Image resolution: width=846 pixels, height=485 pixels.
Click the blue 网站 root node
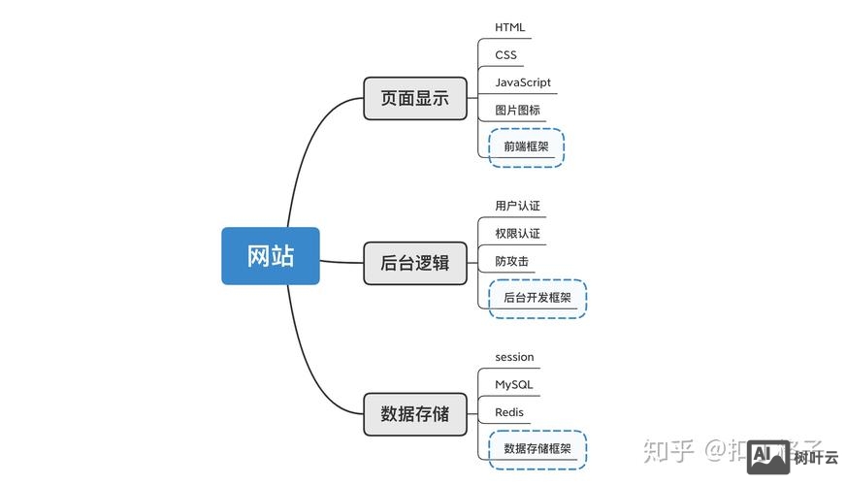click(270, 256)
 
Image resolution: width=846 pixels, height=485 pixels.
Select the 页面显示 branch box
click(414, 98)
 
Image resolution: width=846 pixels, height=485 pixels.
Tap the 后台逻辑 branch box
click(414, 262)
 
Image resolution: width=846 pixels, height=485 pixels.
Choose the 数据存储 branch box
click(414, 414)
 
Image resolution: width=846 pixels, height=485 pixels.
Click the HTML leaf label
click(509, 27)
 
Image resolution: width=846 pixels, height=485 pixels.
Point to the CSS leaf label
click(505, 55)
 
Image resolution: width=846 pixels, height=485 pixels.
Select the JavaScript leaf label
click(522, 82)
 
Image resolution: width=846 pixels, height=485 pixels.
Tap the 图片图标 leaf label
click(517, 111)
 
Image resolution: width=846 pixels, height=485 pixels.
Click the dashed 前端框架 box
click(526, 147)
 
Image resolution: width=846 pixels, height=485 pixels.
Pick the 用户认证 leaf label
click(517, 206)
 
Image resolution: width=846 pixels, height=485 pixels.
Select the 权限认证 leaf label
click(517, 234)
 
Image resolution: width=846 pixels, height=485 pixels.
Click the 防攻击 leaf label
click(511, 262)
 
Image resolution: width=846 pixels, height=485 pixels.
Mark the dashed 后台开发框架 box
click(537, 299)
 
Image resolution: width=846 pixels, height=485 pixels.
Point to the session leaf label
click(514, 357)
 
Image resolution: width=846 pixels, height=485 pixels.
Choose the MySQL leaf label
click(513, 385)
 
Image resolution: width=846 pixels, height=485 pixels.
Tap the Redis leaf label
click(508, 412)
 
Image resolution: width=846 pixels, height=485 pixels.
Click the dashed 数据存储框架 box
click(537, 449)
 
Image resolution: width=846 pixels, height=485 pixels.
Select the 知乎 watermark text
click(669, 451)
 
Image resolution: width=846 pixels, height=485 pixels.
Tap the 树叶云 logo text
click(816, 458)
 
